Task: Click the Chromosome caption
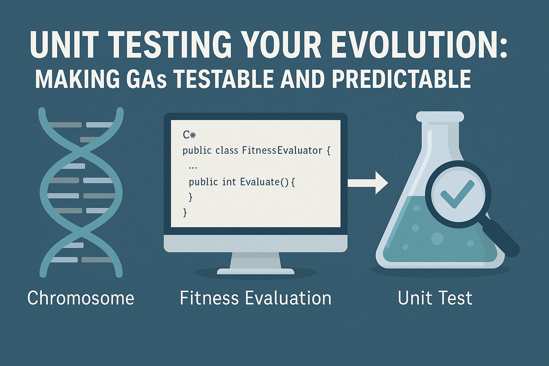tap(81, 298)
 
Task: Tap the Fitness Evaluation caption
tap(256, 298)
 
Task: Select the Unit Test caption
tap(435, 298)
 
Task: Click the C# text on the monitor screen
tap(189, 135)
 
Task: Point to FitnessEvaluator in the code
tap(282, 150)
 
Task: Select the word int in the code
tap(229, 182)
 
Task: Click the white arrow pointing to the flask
tap(368, 183)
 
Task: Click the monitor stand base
tap(256, 271)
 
